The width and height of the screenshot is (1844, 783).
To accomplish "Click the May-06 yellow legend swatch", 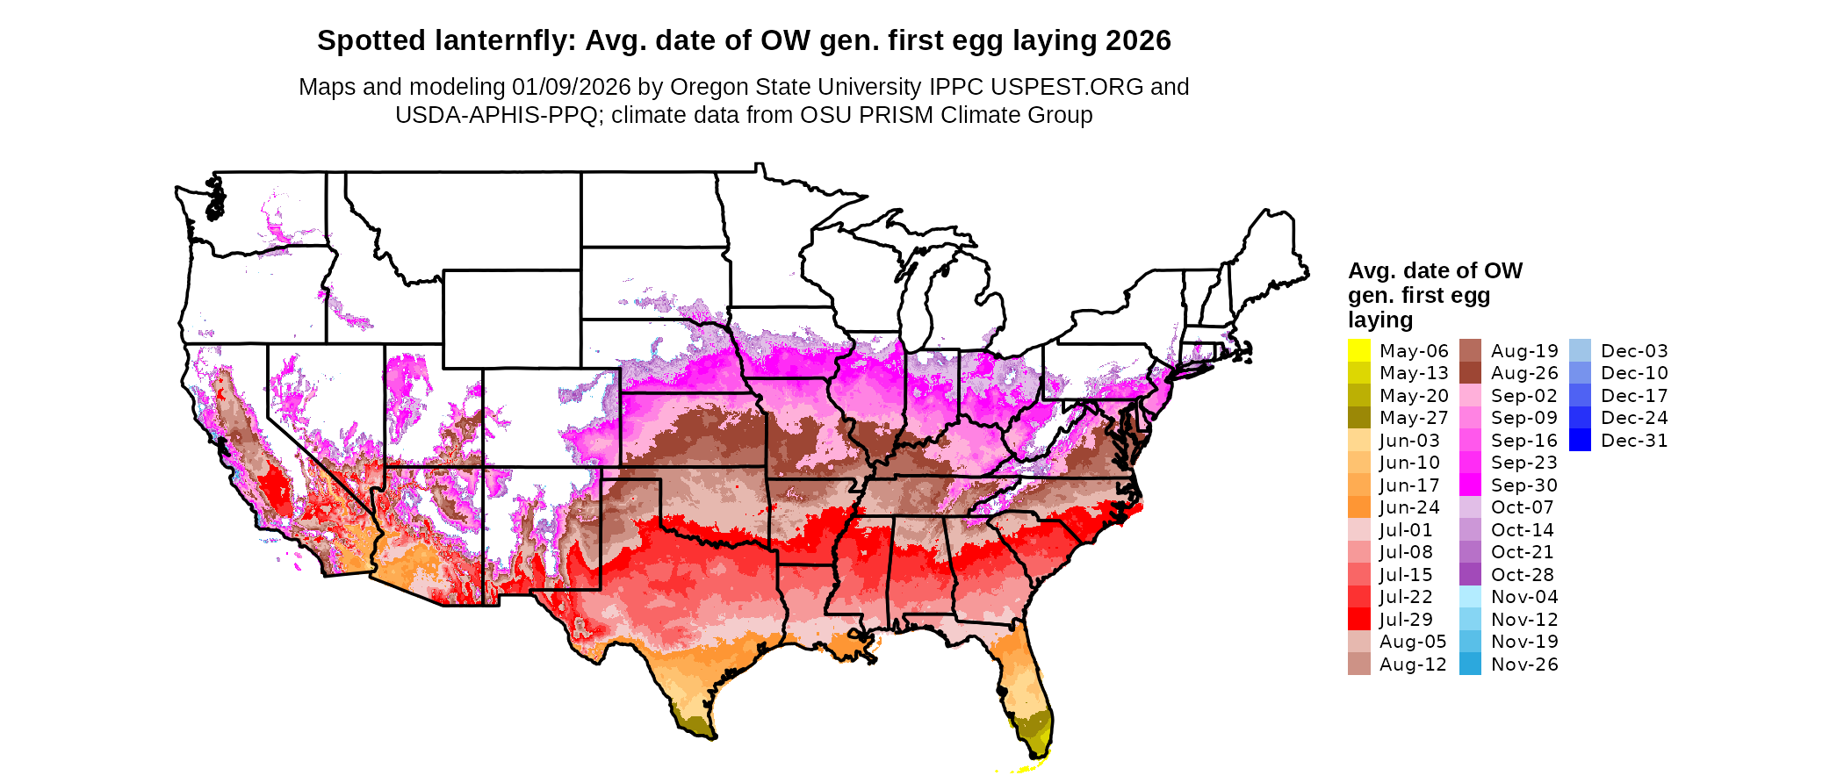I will (x=1358, y=350).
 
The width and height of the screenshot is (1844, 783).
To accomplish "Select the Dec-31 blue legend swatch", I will (x=1580, y=440).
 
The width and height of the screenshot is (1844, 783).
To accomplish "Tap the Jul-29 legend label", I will (x=1406, y=620).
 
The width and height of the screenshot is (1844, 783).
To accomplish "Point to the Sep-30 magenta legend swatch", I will (x=1470, y=485).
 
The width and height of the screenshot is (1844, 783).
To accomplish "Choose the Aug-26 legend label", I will (x=1524, y=373).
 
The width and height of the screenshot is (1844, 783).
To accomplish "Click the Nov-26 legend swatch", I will (x=1470, y=664).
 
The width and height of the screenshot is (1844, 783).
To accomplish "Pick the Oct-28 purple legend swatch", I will (x=1470, y=574).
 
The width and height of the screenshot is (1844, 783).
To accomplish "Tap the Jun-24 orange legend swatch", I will (x=1358, y=506).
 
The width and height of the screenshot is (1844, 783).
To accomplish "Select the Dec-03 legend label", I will (x=1634, y=351).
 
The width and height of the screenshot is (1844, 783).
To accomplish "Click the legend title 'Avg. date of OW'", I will (x=1435, y=270).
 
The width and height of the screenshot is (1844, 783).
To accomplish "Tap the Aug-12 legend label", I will (x=1413, y=664).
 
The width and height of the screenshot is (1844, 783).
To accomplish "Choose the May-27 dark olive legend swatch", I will (x=1358, y=417).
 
